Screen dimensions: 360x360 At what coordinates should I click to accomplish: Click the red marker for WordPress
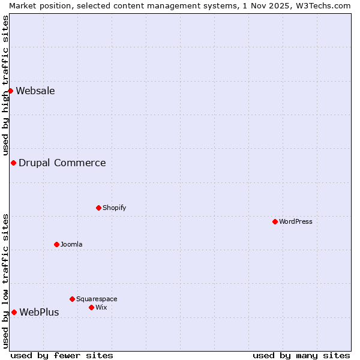[x=275, y=221]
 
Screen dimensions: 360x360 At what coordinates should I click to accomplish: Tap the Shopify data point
[x=98, y=208]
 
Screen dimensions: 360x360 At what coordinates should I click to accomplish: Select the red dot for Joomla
[x=56, y=244]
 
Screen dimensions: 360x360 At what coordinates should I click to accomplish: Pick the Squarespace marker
[x=72, y=299]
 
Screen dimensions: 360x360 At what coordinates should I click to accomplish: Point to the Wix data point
[x=91, y=307]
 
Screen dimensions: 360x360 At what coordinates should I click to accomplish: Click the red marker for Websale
[x=10, y=91]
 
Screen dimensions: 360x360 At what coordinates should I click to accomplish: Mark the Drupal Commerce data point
[x=13, y=163]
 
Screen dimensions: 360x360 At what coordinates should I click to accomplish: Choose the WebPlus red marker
[x=14, y=312]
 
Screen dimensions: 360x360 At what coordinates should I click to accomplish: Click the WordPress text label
[x=296, y=221]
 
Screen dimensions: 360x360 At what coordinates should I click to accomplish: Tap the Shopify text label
[x=114, y=208]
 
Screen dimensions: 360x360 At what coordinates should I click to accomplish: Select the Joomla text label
[x=71, y=244]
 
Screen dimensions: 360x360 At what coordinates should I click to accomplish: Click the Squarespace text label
[x=97, y=299]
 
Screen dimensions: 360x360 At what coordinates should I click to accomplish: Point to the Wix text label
[x=101, y=307]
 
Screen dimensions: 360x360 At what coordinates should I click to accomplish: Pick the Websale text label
[x=35, y=91]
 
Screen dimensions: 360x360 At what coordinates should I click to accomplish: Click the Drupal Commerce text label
[x=62, y=163]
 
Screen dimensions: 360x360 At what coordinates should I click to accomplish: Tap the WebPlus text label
[x=39, y=312]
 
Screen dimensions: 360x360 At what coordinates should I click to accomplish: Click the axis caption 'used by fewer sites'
[x=62, y=355]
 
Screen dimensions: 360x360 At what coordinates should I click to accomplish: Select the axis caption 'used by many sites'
[x=301, y=355]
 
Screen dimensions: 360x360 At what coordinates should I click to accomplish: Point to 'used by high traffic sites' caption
[x=5, y=85]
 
